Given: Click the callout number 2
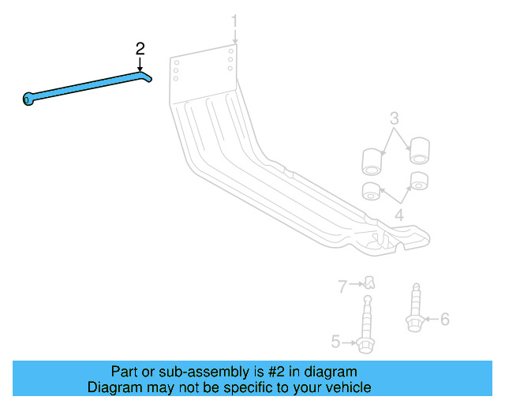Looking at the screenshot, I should click(140, 49).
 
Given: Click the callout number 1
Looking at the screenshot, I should click(234, 19).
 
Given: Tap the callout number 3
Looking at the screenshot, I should click(395, 119).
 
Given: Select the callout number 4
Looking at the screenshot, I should click(399, 215).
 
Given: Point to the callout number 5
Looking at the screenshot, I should click(335, 342).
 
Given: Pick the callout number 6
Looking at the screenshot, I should click(444, 319).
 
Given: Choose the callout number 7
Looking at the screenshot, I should click(342, 286).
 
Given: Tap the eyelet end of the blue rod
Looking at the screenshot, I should click(28, 99).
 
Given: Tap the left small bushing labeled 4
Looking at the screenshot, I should click(369, 191).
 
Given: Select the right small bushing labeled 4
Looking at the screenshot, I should click(419, 181).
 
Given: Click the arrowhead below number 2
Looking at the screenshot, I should click(140, 69).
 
